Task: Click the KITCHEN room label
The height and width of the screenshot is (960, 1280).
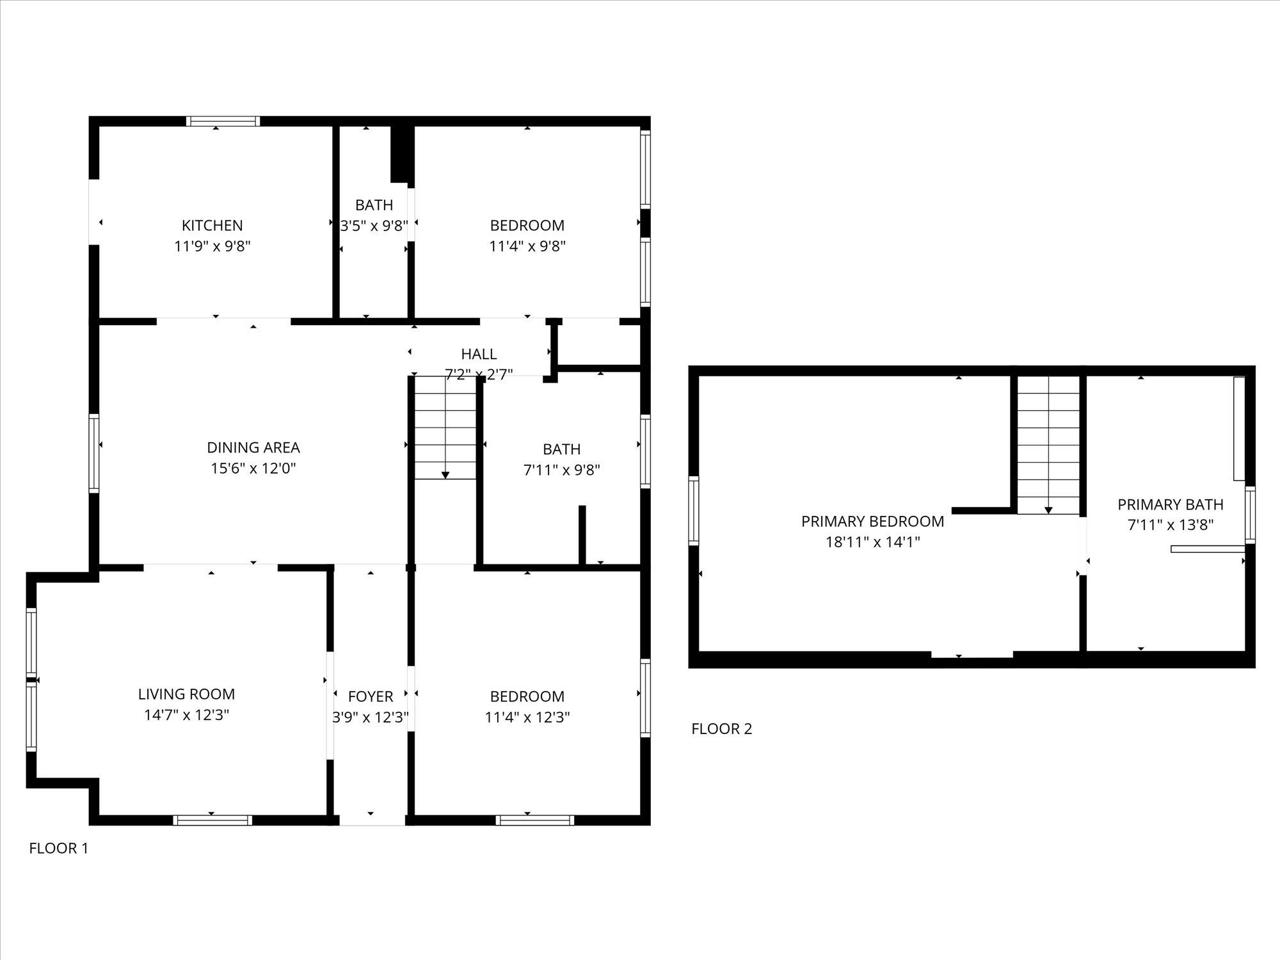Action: coord(212,225)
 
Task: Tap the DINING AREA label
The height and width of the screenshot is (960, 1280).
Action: coord(253,447)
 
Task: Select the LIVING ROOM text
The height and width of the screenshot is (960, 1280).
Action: coord(186,694)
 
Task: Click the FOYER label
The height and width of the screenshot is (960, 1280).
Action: coord(370,696)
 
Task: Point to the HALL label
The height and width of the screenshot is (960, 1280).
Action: coord(479,354)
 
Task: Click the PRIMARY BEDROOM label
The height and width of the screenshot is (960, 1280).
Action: coord(872,522)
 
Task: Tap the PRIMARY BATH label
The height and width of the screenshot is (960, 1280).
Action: coord(1170,504)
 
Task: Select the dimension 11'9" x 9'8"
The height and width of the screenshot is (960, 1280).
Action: coord(212,246)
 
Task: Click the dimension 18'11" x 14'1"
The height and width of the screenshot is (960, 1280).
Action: coord(872,542)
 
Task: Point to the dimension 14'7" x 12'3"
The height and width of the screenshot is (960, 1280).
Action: coord(186,715)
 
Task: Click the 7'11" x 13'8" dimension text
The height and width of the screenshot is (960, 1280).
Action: coord(1170,525)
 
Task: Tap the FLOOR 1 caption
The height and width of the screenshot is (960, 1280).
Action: coord(59,849)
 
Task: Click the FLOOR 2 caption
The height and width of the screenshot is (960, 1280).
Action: coord(721,729)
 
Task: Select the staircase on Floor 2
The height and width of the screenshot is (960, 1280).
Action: coord(1048,445)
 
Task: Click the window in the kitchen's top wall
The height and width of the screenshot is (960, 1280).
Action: coord(223,122)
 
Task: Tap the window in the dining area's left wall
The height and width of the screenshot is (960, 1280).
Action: coord(94,453)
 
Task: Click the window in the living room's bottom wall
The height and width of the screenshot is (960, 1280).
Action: coord(212,820)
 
